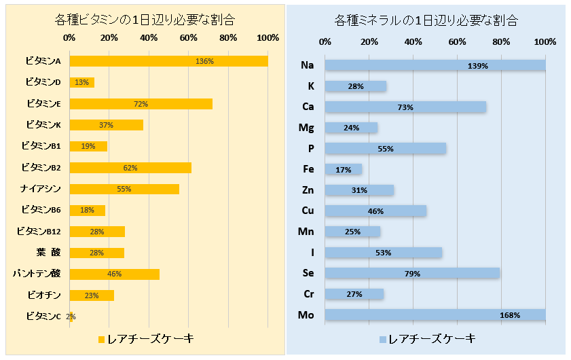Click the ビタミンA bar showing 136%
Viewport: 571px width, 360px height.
click(x=168, y=61)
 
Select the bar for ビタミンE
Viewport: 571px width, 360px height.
click(x=141, y=104)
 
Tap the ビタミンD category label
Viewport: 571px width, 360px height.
click(x=43, y=82)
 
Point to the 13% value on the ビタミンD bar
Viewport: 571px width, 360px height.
click(x=81, y=83)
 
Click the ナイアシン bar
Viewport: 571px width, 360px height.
click(x=124, y=189)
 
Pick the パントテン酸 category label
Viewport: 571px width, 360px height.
click(x=37, y=274)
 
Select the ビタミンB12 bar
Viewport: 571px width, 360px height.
click(x=97, y=232)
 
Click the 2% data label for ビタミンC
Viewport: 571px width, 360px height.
click(x=71, y=317)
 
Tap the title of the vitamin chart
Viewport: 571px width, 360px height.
click(x=143, y=20)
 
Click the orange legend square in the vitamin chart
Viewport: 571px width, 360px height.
click(x=101, y=338)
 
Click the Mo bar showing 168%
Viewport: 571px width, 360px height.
click(x=435, y=315)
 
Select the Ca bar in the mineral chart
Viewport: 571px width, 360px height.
click(x=405, y=107)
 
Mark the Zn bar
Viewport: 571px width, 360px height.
click(x=359, y=190)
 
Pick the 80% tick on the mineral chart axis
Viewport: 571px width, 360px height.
click(x=501, y=42)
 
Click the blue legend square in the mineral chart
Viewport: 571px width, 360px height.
click(x=382, y=338)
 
